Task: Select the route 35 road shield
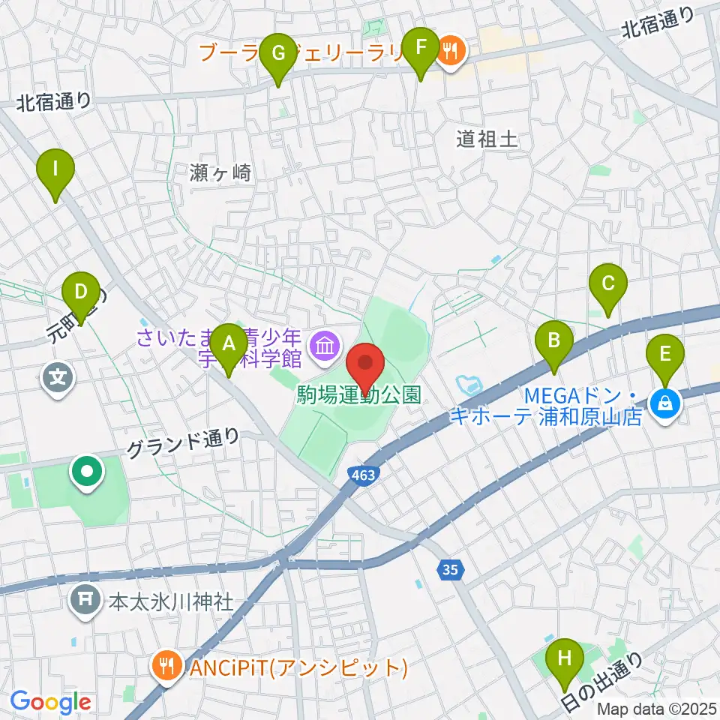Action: point(448,570)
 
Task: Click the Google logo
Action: point(50,701)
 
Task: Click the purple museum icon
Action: point(325,346)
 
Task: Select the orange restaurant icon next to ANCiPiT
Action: point(165,665)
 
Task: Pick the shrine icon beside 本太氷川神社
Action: point(85,601)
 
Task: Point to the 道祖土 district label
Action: point(487,138)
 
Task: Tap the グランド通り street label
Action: point(183,443)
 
